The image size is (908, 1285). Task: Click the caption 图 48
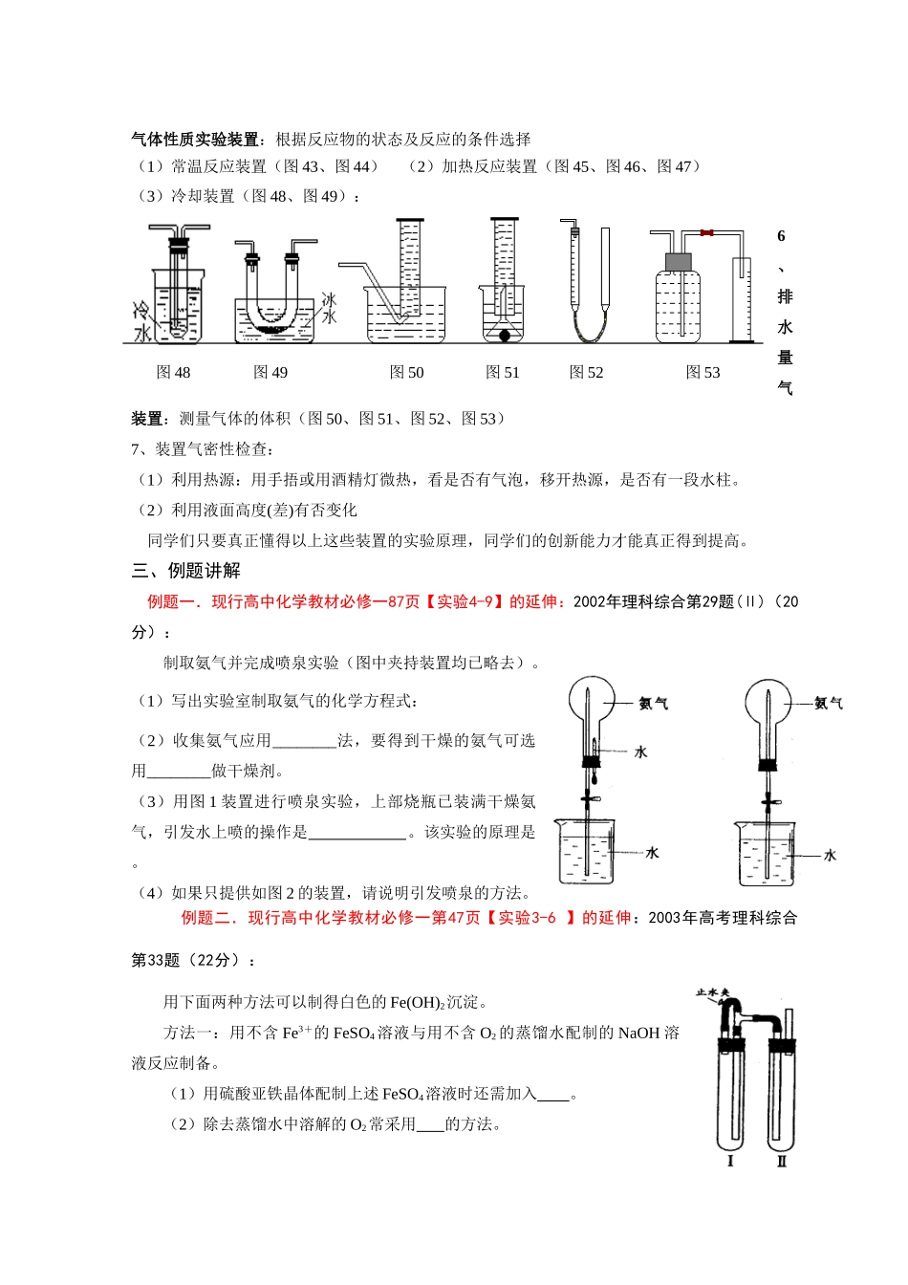[x=173, y=372]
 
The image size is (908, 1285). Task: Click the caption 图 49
[x=270, y=372]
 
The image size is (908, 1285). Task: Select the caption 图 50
[x=406, y=372]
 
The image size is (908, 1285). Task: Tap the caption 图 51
[x=503, y=372]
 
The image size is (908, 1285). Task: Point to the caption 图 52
[x=586, y=372]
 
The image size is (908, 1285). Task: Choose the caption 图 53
[x=703, y=372]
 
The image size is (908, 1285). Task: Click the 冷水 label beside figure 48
[x=141, y=321]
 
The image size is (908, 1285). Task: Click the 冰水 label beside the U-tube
[x=329, y=308]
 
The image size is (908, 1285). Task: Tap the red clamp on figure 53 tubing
[x=706, y=232]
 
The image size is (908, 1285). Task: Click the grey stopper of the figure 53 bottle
[x=678, y=260]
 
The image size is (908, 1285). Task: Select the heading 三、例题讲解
[x=185, y=571]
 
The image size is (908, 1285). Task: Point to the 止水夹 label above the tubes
[x=712, y=993]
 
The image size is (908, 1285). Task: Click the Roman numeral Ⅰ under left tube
[x=730, y=1161]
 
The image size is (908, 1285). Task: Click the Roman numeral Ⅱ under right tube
[x=782, y=1161]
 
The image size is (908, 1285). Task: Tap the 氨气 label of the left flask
[x=654, y=704]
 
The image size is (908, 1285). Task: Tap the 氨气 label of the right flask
[x=828, y=704]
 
